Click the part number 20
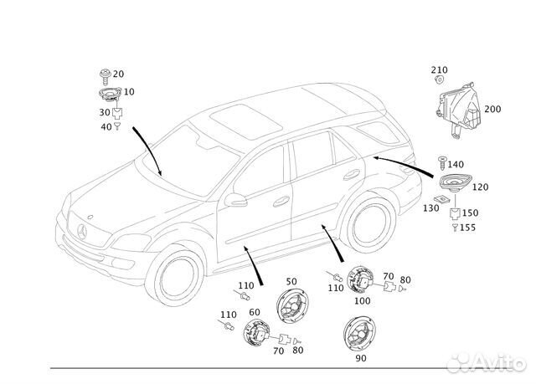pos(118,74)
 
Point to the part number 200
pos(492,110)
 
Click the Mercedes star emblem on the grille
pos(81,230)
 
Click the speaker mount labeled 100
pos(361,281)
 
